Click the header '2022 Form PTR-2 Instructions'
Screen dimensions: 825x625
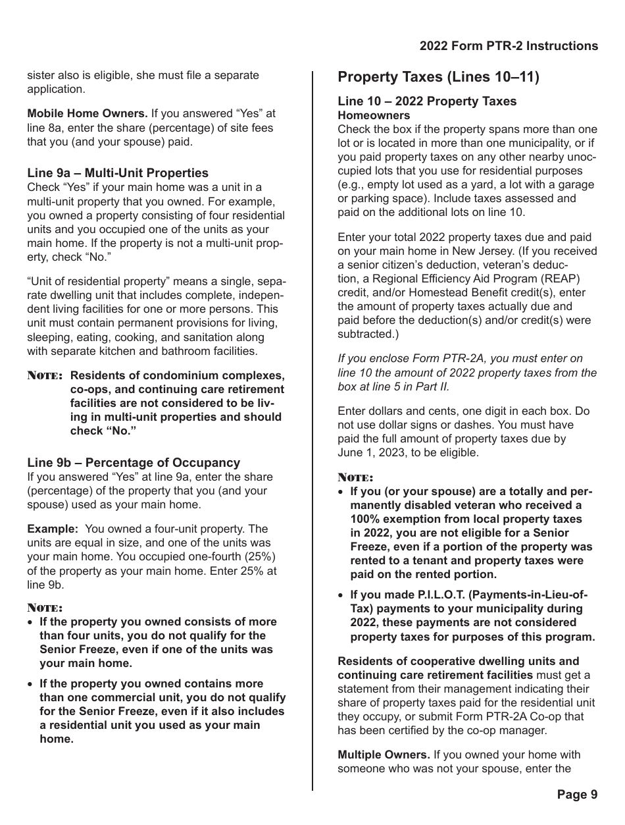click(x=509, y=46)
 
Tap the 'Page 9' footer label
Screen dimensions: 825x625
click(x=577, y=795)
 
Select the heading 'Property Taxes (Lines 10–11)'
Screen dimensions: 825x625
click(x=438, y=78)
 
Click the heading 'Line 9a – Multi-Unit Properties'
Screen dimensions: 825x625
click(x=118, y=173)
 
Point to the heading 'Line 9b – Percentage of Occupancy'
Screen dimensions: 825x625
click(x=134, y=463)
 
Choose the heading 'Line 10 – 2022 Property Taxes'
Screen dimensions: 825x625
click(x=427, y=101)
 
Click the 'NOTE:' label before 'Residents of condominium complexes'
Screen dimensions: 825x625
click(x=45, y=376)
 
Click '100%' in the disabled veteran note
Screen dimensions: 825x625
click(x=363, y=519)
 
